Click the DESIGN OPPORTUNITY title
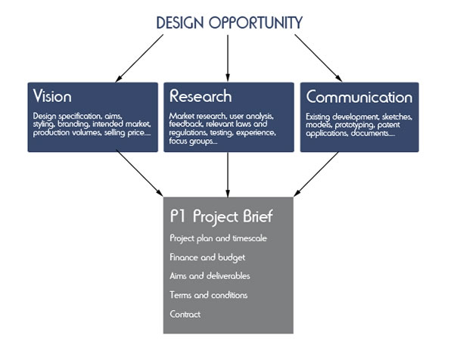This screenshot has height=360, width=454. [x=229, y=22]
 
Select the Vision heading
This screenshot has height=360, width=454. [x=52, y=97]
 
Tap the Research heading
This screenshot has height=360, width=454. [x=201, y=97]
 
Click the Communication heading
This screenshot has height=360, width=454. [x=359, y=98]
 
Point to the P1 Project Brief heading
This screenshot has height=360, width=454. [x=222, y=216]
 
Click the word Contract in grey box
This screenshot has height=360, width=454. [x=185, y=314]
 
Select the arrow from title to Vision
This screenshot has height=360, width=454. [x=140, y=57]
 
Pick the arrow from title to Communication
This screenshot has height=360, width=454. [x=318, y=57]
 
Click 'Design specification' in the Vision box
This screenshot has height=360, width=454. [x=60, y=116]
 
